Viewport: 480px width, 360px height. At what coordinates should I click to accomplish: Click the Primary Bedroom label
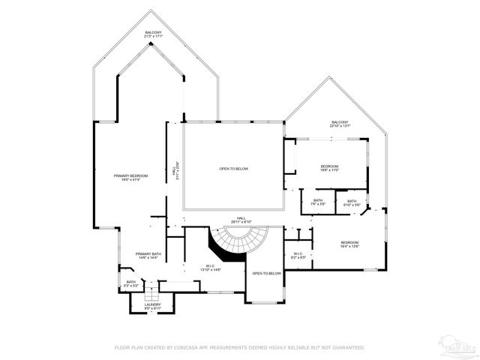tap(131, 177)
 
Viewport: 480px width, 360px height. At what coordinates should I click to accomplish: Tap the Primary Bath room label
tap(148, 256)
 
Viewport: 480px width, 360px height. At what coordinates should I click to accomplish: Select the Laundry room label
tap(153, 305)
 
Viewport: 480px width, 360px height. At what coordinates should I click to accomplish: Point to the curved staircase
tap(233, 241)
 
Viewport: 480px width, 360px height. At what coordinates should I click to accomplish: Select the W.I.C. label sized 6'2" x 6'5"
tap(297, 255)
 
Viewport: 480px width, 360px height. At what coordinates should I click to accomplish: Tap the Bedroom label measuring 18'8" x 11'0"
tap(330, 168)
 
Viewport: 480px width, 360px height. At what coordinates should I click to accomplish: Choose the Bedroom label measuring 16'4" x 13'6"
tap(349, 244)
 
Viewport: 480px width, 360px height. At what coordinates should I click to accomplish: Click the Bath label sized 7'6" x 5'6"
tap(318, 202)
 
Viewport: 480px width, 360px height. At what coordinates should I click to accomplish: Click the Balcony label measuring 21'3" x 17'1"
tap(154, 34)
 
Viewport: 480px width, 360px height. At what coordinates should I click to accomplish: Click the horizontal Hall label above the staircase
tap(241, 220)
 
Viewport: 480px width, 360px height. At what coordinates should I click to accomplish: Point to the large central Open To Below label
tap(233, 169)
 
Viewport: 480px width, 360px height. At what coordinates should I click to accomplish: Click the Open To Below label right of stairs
tap(267, 274)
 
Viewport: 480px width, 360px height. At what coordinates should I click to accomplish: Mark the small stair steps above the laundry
tap(148, 291)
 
